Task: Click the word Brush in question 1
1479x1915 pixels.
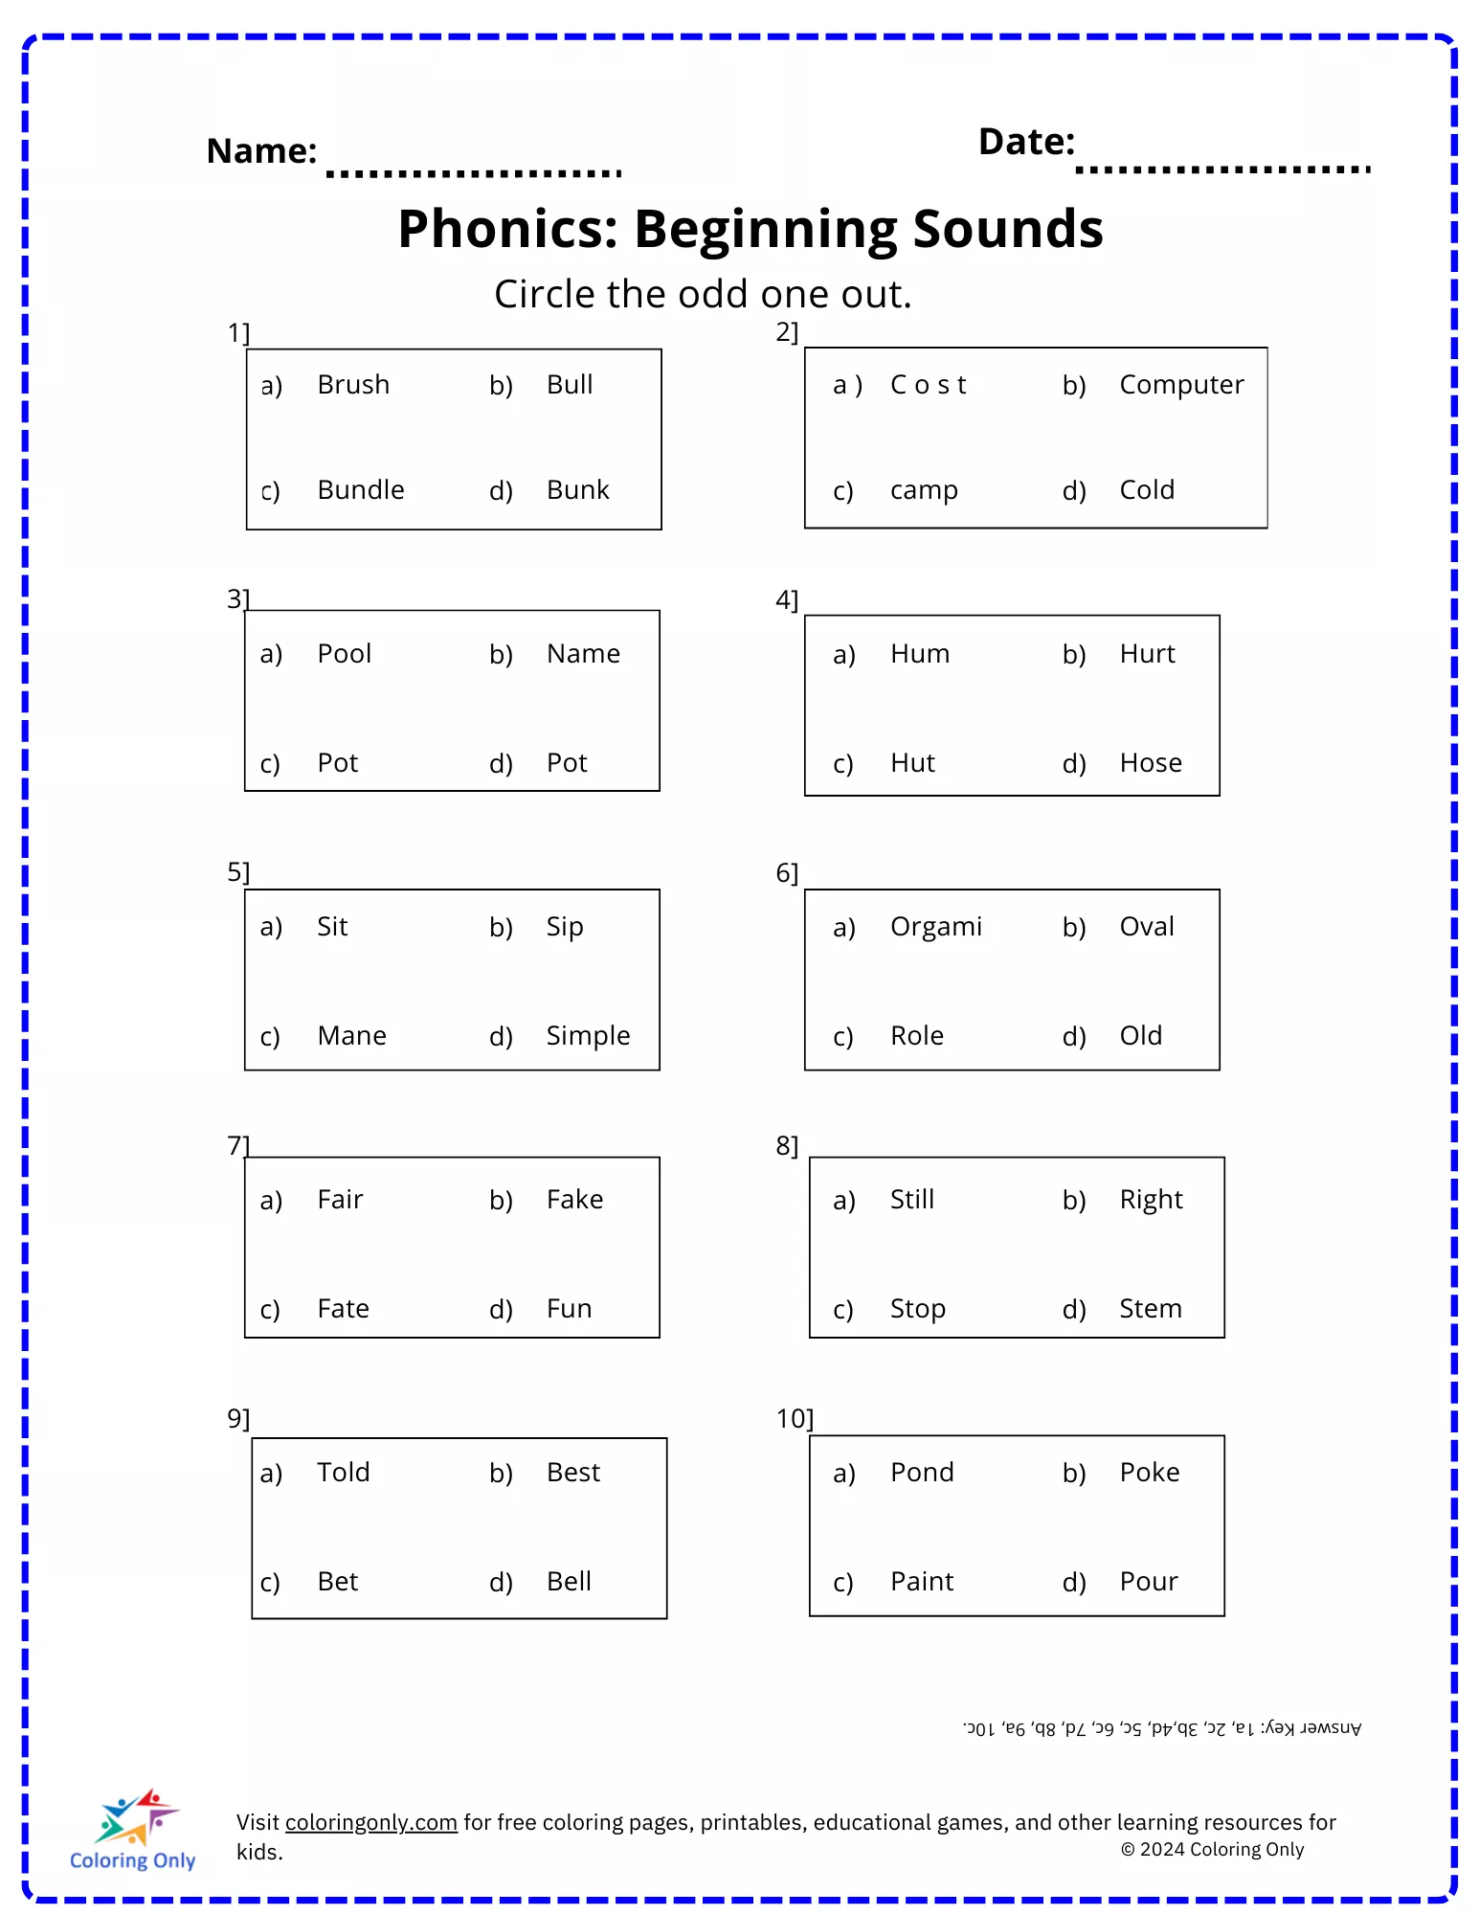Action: click(353, 385)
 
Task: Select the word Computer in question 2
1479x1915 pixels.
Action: click(1181, 385)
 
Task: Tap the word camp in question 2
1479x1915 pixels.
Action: click(924, 490)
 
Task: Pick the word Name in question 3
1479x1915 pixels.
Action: click(583, 654)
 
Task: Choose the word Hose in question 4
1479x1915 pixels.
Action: click(1151, 763)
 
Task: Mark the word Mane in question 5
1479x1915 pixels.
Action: click(351, 1036)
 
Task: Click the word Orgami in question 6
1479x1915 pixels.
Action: click(935, 927)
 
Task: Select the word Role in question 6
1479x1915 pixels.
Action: click(916, 1036)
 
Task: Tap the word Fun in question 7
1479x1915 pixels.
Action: click(569, 1309)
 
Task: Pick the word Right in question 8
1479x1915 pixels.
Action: click(1151, 1200)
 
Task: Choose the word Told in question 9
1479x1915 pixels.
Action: click(343, 1473)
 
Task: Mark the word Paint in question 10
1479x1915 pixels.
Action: click(921, 1582)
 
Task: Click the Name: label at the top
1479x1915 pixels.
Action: click(261, 151)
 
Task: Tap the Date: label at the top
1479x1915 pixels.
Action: click(1026, 142)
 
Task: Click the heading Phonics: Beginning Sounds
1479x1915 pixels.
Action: click(751, 229)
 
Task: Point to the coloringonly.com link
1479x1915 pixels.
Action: click(370, 1822)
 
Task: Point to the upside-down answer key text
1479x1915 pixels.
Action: click(1161, 1728)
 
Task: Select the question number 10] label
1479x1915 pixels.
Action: click(794, 1418)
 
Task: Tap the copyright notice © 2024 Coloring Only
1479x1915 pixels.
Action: click(1212, 1850)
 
